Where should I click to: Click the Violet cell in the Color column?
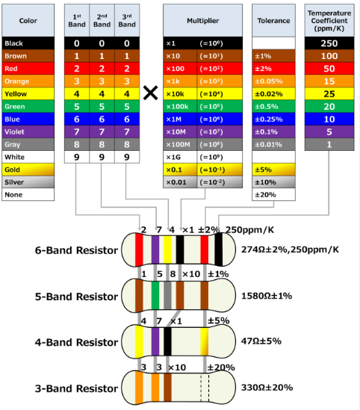[x=28, y=131]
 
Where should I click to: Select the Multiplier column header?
[x=202, y=20]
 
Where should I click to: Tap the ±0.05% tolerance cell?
[x=273, y=81]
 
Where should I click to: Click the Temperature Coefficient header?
[x=329, y=20]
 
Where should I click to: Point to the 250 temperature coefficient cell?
[x=329, y=43]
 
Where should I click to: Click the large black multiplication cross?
[x=151, y=93]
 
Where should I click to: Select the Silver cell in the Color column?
[x=28, y=182]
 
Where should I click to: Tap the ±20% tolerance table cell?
[x=273, y=195]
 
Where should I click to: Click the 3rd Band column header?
[x=127, y=20]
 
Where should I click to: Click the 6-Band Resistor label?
[x=76, y=250]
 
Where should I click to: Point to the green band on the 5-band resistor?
[x=155, y=296]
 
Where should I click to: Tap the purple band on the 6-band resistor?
[x=155, y=249]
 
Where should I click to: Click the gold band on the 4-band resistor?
[x=204, y=341]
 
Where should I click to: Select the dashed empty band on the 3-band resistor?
[x=205, y=388]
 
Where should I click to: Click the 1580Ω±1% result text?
[x=267, y=296]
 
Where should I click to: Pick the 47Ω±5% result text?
[x=261, y=341]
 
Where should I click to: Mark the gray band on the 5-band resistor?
[x=167, y=296]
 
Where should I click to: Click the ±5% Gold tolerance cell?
[x=273, y=170]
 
